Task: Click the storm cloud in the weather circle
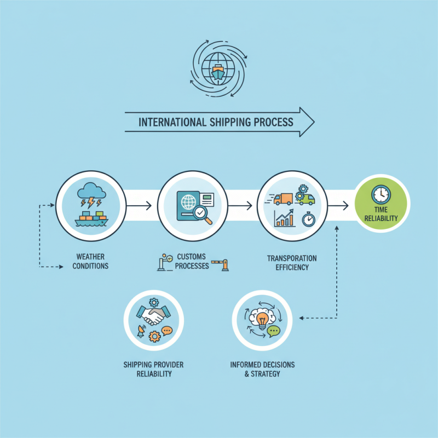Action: point(91,190)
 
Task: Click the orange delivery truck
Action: point(283,199)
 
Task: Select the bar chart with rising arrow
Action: point(284,218)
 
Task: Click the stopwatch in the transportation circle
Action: point(308,220)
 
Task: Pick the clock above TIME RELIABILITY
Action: point(381,194)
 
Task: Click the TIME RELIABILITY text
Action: point(381,214)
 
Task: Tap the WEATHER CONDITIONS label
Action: point(90,261)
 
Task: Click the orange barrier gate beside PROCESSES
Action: point(220,264)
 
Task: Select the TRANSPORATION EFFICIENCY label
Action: point(292,263)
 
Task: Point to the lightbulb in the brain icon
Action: point(262,320)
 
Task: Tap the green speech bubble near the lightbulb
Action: point(273,331)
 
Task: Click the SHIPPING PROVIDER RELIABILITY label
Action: point(154,369)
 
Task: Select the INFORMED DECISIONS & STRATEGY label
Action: point(262,369)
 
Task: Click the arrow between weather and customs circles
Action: point(139,206)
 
